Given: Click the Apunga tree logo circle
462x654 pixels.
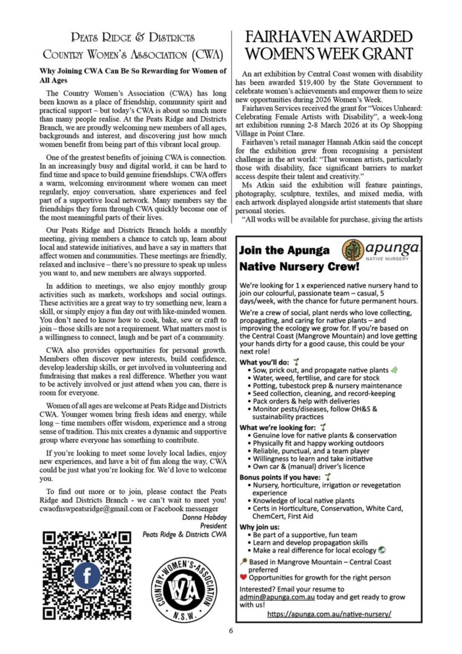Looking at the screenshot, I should pos(354,249).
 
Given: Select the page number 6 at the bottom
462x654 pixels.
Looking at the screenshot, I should pos(231,630).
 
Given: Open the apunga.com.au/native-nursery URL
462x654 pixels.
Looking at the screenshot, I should pos(329,613).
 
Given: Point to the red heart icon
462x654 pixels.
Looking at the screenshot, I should pos(243,578).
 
